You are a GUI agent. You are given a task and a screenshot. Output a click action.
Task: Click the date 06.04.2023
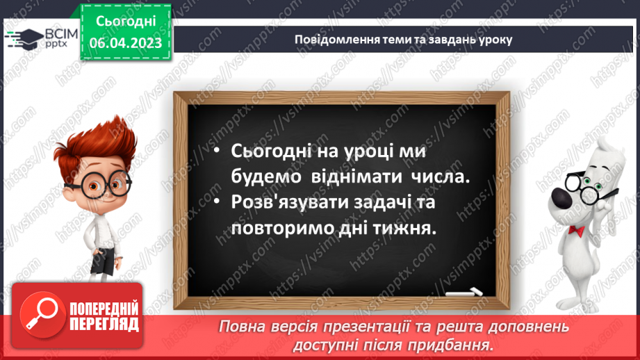pyautogui.click(x=126, y=43)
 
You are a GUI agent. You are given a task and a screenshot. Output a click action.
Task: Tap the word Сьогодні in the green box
pyautogui.click(x=126, y=22)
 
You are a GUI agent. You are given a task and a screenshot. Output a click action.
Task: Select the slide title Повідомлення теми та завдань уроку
pyautogui.click(x=403, y=39)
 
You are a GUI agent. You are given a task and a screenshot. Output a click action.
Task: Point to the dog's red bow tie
pyautogui.click(x=575, y=229)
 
